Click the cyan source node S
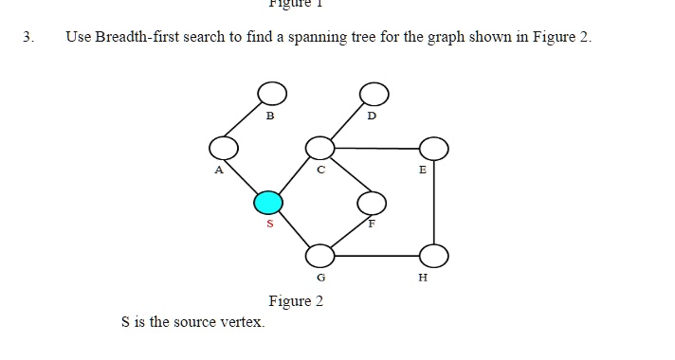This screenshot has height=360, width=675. (268, 202)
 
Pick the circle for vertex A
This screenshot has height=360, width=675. (224, 148)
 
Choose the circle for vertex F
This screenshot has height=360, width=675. (372, 202)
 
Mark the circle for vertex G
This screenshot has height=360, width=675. (320, 255)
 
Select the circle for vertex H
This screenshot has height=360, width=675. (434, 255)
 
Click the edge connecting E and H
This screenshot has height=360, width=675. (434, 201)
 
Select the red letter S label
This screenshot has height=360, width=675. (269, 225)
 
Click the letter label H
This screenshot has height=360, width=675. (423, 279)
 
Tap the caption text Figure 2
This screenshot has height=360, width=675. (296, 301)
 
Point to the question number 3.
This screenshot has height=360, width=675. (29, 38)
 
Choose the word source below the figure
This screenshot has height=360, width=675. (192, 322)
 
